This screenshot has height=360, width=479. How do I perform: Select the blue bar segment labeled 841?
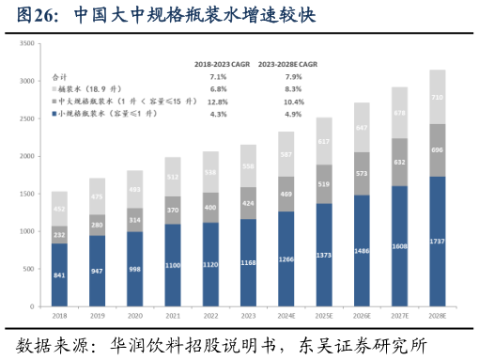click(x=59, y=275)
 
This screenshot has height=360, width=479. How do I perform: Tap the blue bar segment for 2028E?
click(x=437, y=242)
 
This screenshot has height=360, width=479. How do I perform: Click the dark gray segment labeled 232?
click(x=59, y=234)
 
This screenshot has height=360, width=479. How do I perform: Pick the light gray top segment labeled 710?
click(x=437, y=97)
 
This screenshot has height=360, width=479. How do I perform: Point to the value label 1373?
click(x=324, y=255)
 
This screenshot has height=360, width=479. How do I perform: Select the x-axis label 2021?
click(x=173, y=317)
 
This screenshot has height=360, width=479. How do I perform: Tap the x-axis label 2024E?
click(x=286, y=317)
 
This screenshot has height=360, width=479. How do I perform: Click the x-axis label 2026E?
click(x=362, y=317)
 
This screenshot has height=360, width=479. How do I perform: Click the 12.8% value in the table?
click(x=218, y=101)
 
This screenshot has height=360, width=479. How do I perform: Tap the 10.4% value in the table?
click(x=293, y=101)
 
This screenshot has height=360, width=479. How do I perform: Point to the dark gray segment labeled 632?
click(x=399, y=162)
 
